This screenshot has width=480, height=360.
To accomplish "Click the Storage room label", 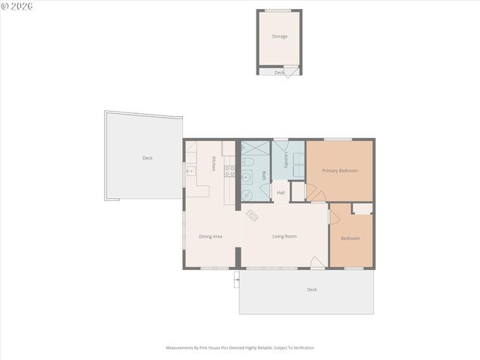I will tap(279, 36).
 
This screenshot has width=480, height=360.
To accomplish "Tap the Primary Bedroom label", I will tap(340, 170).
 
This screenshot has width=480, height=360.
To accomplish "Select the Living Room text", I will tap(284, 236).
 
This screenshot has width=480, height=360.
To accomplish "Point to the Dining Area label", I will tap(210, 236).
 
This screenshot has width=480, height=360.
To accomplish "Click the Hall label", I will tap(280, 193).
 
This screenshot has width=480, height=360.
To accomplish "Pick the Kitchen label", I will tap(214, 163).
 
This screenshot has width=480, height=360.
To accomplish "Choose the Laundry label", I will tap(286, 160).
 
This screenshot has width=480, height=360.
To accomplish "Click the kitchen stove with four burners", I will tap(229, 172).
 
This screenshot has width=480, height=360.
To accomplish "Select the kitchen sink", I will tap(190, 171).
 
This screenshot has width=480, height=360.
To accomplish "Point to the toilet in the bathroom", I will tap(249, 162).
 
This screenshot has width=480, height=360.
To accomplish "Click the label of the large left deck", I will tap(148, 158).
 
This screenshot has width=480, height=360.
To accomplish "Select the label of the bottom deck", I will tap(311, 289).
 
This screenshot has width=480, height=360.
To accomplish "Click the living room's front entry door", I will tap(317, 263).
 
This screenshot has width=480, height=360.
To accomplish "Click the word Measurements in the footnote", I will tap(180, 348).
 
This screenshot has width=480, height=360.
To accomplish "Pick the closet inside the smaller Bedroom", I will tap(362, 208).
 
